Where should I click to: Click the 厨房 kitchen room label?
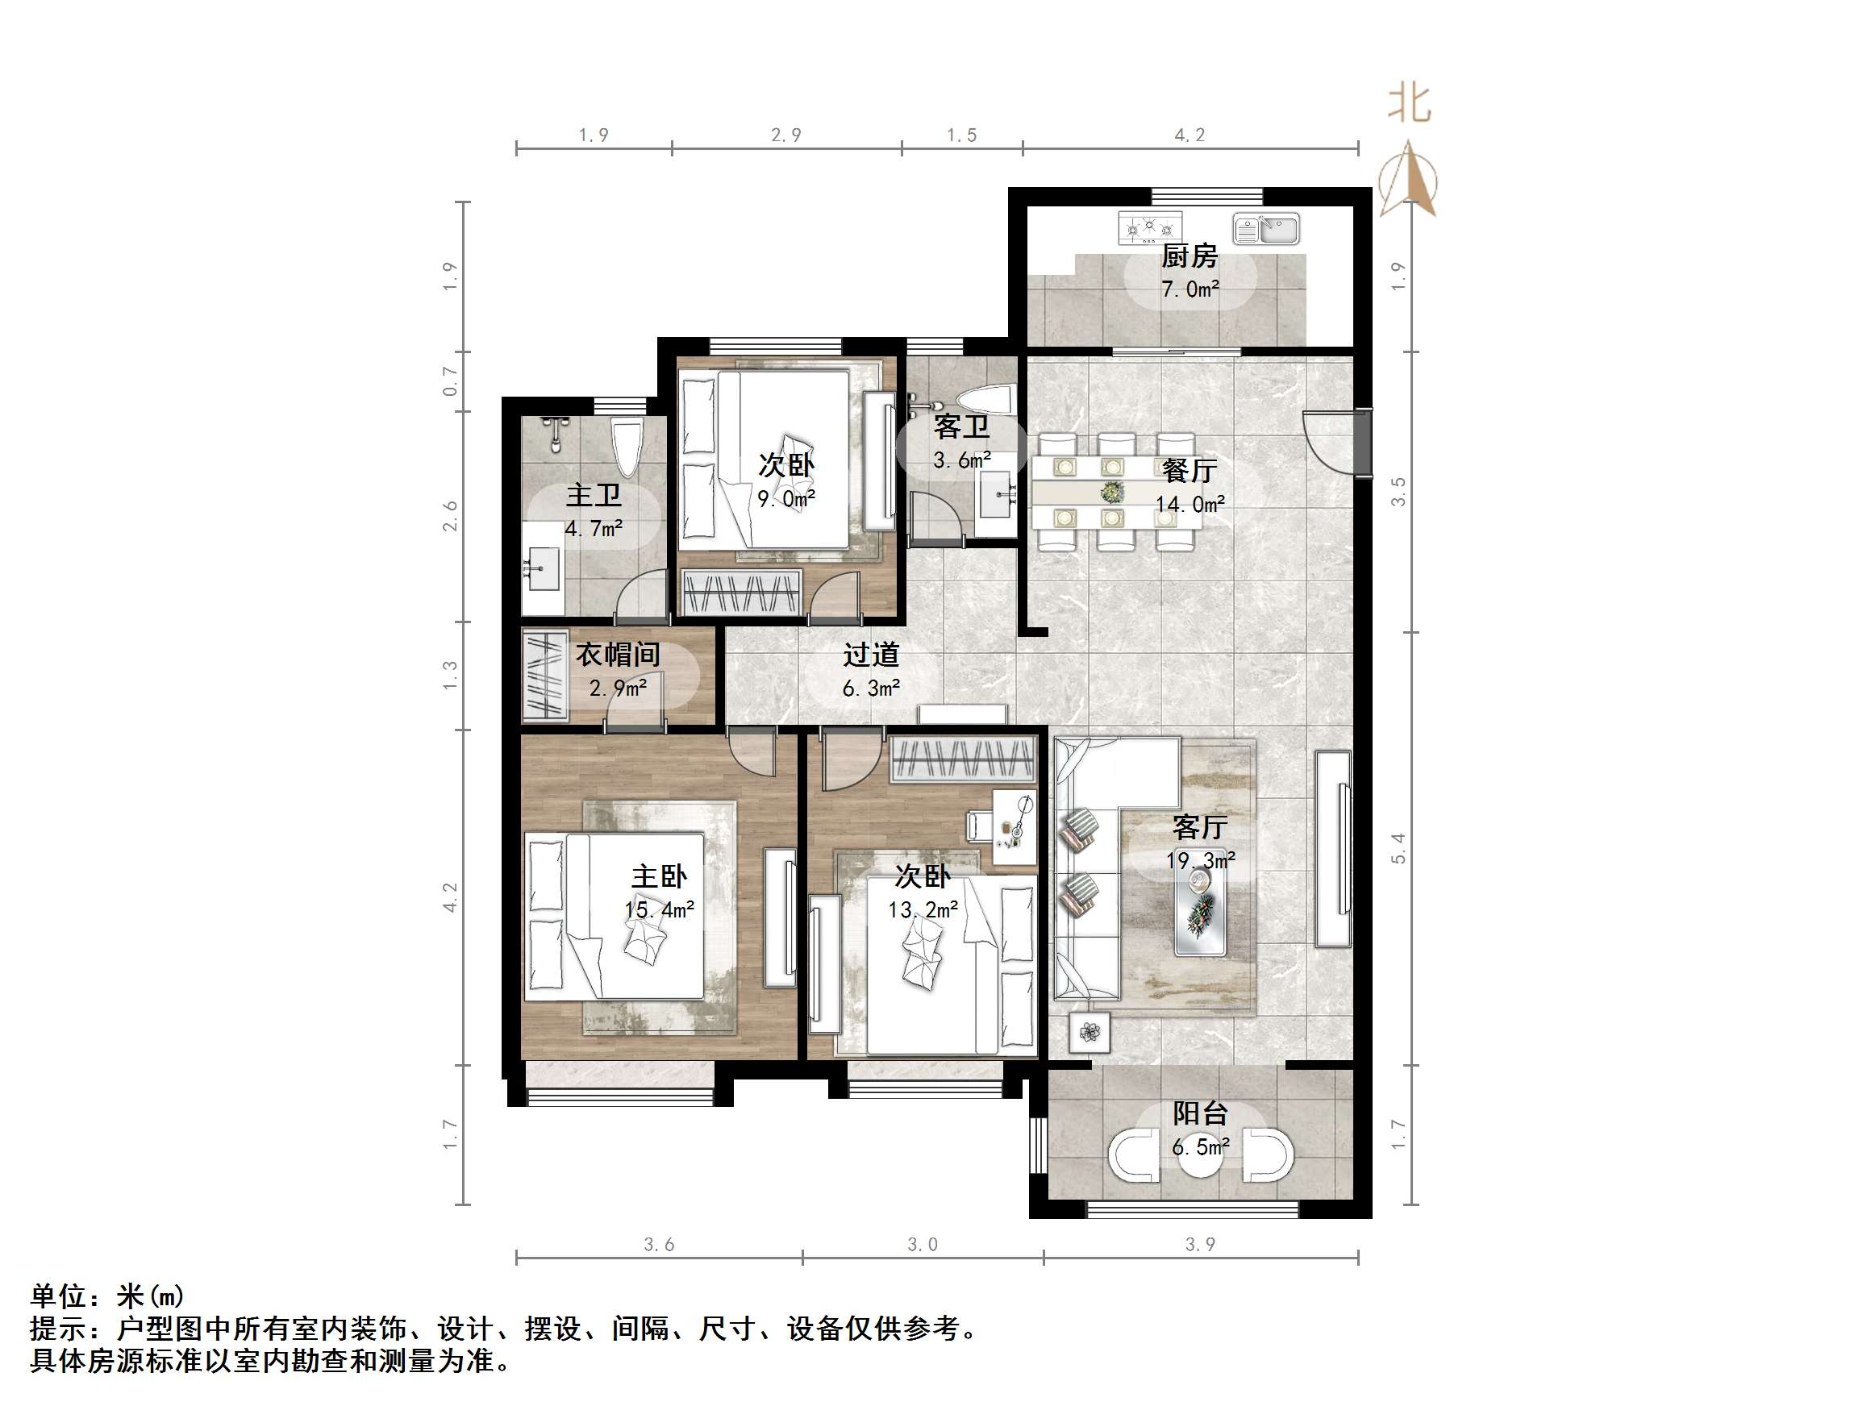click(1189, 255)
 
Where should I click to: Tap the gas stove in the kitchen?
click(1148, 228)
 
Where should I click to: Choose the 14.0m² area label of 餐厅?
click(1190, 505)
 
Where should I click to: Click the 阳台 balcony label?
click(1199, 1113)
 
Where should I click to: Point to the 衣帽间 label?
click(617, 655)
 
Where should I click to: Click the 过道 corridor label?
click(870, 655)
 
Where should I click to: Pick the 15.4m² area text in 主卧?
click(659, 910)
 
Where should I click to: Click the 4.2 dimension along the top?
click(1190, 135)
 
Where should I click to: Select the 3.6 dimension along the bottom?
click(659, 1244)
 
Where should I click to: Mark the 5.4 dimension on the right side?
click(1398, 848)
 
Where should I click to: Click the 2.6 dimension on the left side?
click(450, 516)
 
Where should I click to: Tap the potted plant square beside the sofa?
click(1090, 1032)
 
